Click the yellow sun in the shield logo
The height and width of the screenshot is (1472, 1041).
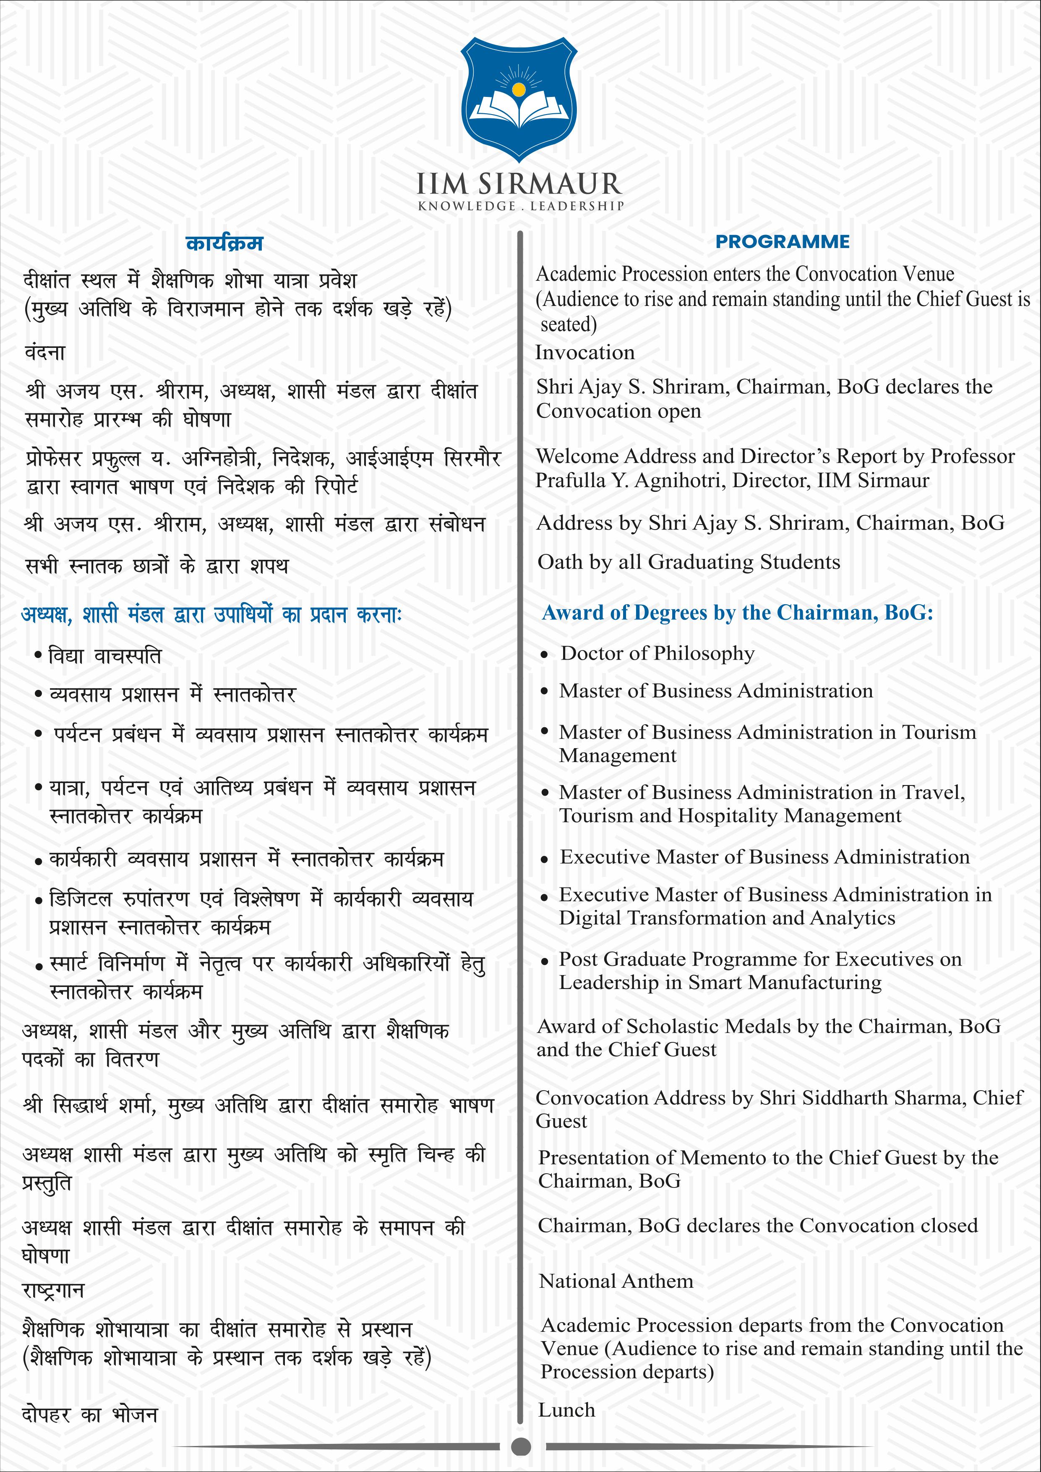[x=519, y=87]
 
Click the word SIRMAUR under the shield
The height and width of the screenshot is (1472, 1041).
[x=550, y=185]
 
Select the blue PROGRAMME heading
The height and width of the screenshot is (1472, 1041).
[x=782, y=242]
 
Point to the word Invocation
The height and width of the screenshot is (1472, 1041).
[x=584, y=352]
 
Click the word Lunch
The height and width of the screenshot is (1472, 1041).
[x=566, y=1410]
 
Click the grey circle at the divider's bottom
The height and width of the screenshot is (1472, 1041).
[x=521, y=1446]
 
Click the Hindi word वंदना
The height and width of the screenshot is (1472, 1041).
[x=45, y=352]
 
